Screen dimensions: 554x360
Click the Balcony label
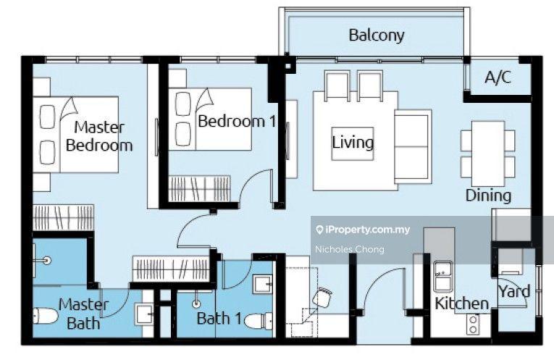377,35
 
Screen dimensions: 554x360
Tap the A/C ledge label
498,77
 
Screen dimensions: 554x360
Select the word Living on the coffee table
353,143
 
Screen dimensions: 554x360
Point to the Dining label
488,196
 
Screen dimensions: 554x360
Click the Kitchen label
461,304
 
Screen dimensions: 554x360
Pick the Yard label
514,291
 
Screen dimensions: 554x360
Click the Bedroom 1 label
236,122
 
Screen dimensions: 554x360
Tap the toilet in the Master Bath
45,316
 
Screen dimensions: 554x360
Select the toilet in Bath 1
258,321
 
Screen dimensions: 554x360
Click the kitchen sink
442,276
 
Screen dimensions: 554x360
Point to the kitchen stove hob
473,325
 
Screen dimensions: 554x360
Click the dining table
488,154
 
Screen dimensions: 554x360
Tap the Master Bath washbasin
144,315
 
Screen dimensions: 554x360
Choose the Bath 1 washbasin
262,284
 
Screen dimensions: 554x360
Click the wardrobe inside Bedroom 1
200,189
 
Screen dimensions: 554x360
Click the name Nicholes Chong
350,249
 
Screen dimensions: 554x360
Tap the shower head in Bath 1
196,304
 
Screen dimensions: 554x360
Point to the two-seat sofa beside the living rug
413,146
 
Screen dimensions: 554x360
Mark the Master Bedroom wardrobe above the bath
64,217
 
